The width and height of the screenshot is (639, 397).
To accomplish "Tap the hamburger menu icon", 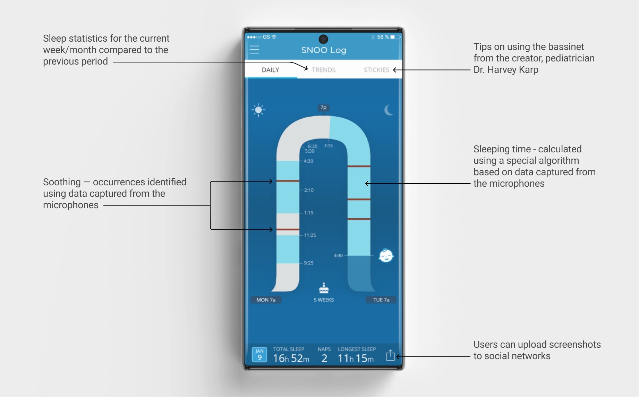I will click(254, 50).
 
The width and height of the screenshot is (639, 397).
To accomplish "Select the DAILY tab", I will click(270, 70).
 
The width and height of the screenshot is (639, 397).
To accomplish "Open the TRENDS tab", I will click(324, 70).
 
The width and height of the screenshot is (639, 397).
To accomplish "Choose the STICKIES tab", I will click(376, 70).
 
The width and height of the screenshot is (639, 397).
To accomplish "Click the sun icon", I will click(258, 110).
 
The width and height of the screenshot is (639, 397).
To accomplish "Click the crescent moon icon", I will click(389, 110).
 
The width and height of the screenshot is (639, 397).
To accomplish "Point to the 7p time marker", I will click(323, 108).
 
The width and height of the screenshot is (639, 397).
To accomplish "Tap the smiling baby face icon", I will click(386, 256).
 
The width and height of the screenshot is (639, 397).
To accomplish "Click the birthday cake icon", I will click(324, 288).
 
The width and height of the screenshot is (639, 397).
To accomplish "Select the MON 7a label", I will click(266, 300).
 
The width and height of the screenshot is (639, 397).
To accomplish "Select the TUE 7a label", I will click(381, 300).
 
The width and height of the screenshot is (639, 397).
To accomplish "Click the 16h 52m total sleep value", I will click(291, 358).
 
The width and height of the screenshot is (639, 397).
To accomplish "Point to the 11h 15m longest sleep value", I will click(356, 358).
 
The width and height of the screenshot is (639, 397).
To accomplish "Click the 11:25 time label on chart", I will click(310, 235).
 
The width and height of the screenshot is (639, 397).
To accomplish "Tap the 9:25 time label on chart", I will click(308, 263).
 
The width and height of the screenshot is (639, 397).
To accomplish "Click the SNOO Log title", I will click(324, 50).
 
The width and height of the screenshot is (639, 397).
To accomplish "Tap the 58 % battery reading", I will click(383, 37).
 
